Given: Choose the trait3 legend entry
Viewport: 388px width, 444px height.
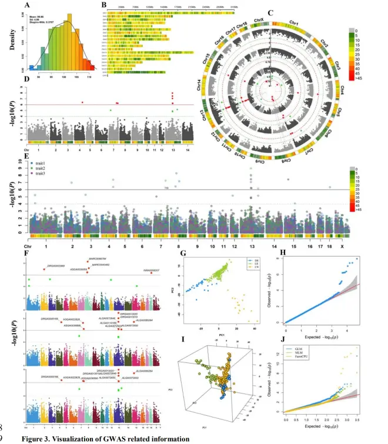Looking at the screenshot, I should pos(51,173).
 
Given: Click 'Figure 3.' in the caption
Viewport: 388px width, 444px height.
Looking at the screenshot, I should pos(42,438).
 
